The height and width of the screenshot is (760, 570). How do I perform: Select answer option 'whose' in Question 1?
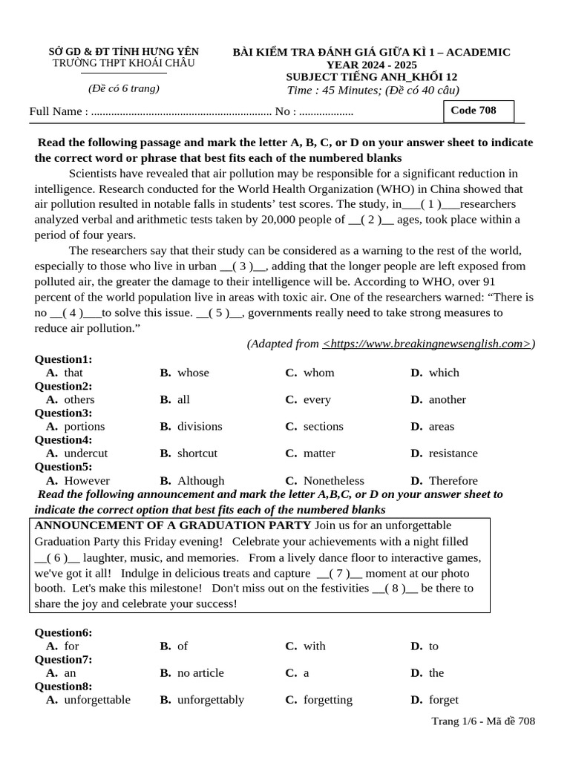point(193,373)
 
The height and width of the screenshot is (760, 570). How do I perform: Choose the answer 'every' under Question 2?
point(317,399)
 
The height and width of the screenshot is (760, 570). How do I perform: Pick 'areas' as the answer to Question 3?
point(442,426)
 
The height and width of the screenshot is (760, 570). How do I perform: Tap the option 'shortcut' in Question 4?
point(197,453)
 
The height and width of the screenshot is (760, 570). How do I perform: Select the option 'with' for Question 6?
point(314,646)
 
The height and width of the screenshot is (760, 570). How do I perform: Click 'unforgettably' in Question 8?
point(210,699)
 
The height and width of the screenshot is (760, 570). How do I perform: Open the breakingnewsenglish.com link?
point(427,343)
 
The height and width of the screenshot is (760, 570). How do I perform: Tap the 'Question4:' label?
point(64,439)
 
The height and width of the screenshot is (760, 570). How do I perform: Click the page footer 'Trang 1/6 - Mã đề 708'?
point(483,721)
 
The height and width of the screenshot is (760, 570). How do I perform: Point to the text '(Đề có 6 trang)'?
point(124,88)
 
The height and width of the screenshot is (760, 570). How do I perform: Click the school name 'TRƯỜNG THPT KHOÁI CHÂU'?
point(124,64)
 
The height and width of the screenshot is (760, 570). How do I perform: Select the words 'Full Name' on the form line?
point(56,111)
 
